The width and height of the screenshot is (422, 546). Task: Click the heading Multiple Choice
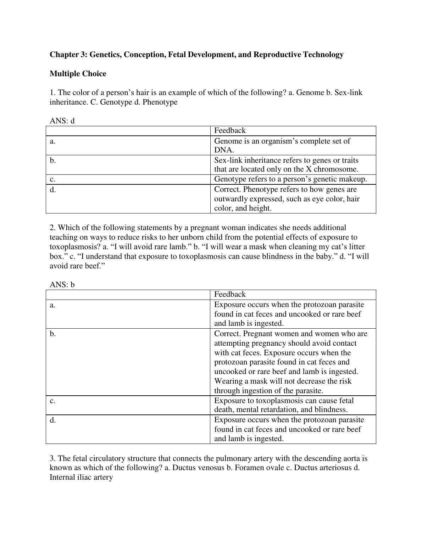click(78, 74)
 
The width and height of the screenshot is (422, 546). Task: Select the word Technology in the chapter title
click(323, 55)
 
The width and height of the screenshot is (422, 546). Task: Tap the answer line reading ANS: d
click(62, 121)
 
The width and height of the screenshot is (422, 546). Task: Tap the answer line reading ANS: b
click(62, 285)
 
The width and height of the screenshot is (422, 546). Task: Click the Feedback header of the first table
click(230, 130)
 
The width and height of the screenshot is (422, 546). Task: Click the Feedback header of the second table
click(230, 294)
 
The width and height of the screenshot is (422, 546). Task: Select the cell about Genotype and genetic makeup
click(290, 179)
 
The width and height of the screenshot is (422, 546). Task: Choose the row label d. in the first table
click(53, 190)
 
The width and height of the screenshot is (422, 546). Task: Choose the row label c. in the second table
click(52, 401)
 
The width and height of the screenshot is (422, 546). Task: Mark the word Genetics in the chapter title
click(105, 55)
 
